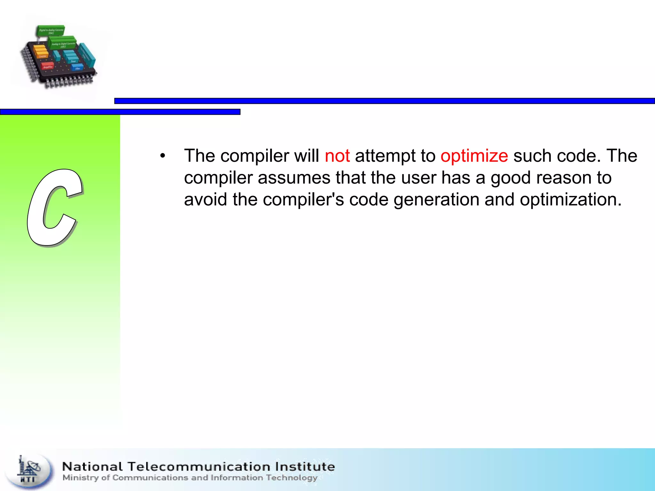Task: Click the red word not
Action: point(337,156)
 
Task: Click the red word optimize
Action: point(474,156)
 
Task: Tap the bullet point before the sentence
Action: point(163,156)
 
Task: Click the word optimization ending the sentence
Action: point(570,200)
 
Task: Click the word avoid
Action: point(205,200)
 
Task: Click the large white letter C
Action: point(54,208)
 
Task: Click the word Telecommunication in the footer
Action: point(199,466)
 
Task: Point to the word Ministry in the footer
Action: point(81,478)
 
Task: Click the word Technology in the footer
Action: point(291,478)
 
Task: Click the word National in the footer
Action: point(92,466)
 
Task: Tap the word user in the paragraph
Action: point(419,178)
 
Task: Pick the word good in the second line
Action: point(511,178)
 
